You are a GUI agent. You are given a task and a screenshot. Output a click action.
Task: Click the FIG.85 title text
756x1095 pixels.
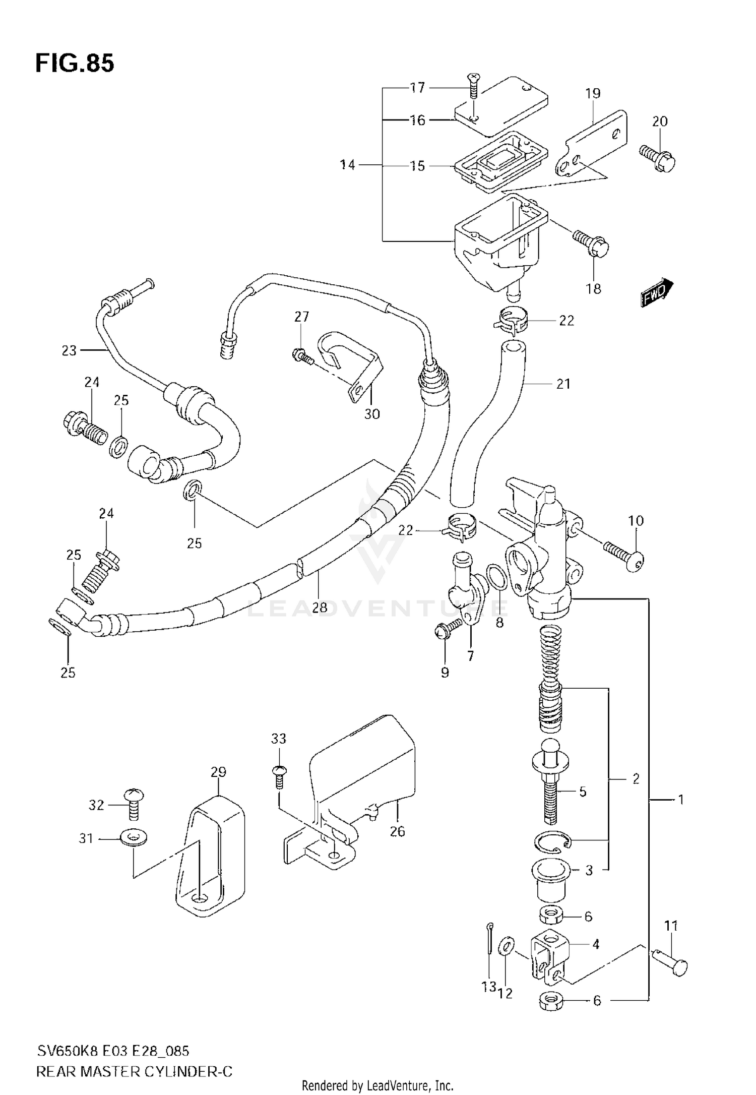(x=75, y=64)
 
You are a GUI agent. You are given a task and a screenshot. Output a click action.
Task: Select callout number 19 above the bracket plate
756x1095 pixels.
(x=593, y=93)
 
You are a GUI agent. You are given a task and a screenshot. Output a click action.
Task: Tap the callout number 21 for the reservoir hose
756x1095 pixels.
(x=563, y=384)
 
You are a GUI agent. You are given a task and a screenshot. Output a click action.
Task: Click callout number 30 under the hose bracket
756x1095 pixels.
(x=372, y=414)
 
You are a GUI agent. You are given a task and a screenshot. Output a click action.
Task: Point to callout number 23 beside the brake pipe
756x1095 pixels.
(x=69, y=350)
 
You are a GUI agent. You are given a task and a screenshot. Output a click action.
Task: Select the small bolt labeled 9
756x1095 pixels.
(x=446, y=629)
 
